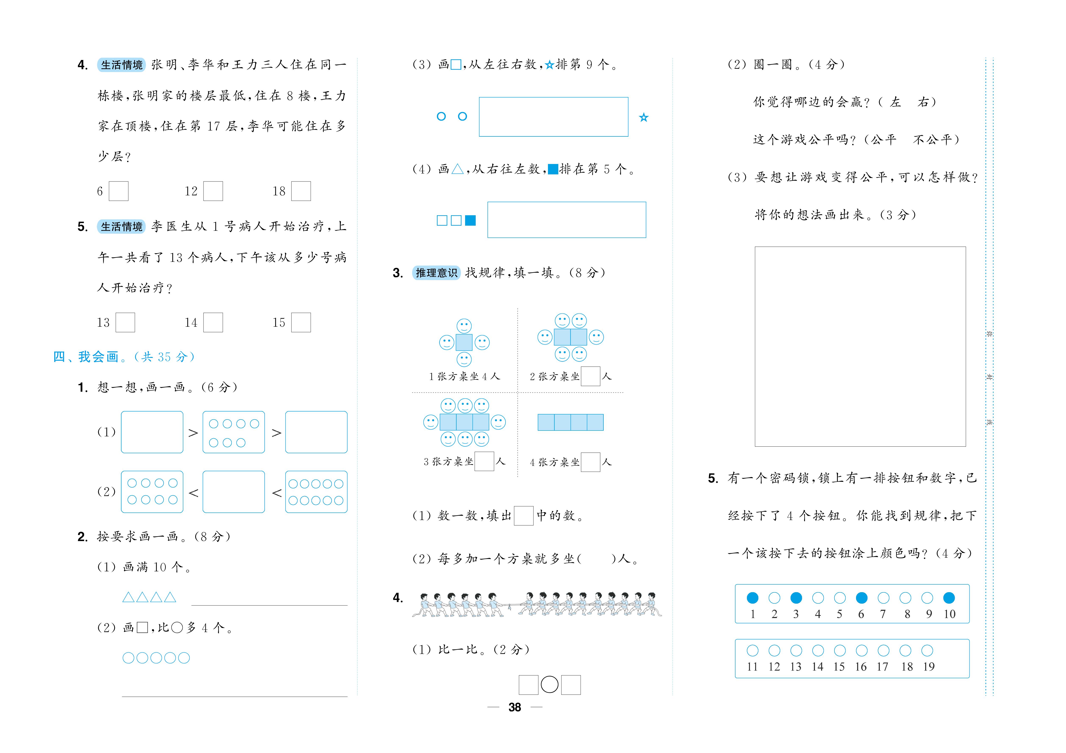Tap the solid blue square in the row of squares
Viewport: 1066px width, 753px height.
pos(470,221)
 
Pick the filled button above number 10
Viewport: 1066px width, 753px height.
pos(949,598)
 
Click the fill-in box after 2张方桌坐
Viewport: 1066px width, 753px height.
pos(591,376)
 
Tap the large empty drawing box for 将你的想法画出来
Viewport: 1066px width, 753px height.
pos(860,346)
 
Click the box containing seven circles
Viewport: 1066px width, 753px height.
pos(233,432)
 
